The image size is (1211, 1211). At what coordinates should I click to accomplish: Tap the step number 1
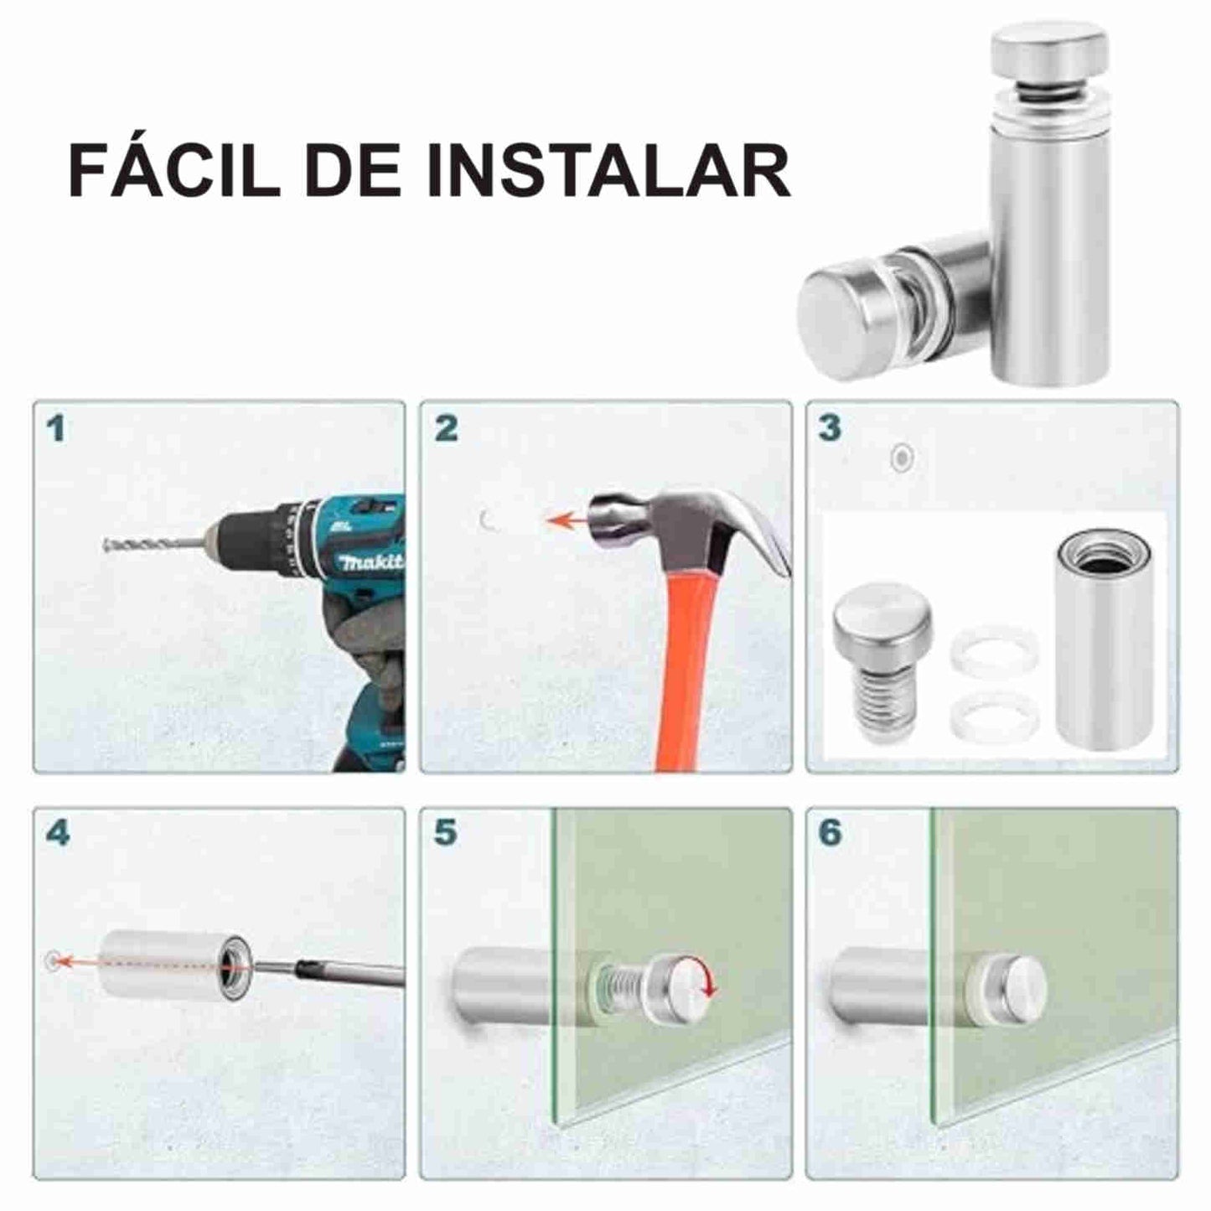click(56, 429)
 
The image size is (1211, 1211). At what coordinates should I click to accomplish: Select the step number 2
click(446, 429)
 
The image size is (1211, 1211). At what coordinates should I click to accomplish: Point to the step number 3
click(829, 427)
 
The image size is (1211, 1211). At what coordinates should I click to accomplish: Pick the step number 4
click(57, 833)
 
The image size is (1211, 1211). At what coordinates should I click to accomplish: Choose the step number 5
click(446, 833)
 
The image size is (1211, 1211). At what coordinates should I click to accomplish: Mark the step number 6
click(830, 833)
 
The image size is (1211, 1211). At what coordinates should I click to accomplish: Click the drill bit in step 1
click(151, 545)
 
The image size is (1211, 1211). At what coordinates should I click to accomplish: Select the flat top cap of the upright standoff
click(1048, 48)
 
